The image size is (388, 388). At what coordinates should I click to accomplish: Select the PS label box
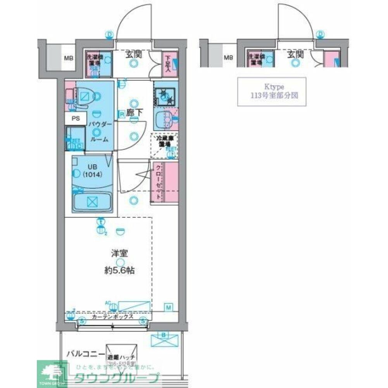coord(75,119)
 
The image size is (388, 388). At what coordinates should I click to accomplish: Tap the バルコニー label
coord(85,353)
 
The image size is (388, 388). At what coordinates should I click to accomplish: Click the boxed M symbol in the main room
coord(169,308)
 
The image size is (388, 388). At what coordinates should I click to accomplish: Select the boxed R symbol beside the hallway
coord(122,114)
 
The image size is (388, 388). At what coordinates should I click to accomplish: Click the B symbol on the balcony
coord(163,335)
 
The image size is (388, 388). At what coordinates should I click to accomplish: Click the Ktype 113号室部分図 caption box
coord(271,92)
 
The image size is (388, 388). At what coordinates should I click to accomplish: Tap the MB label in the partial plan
coord(228,58)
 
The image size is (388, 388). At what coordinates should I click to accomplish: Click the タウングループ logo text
coord(116,378)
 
